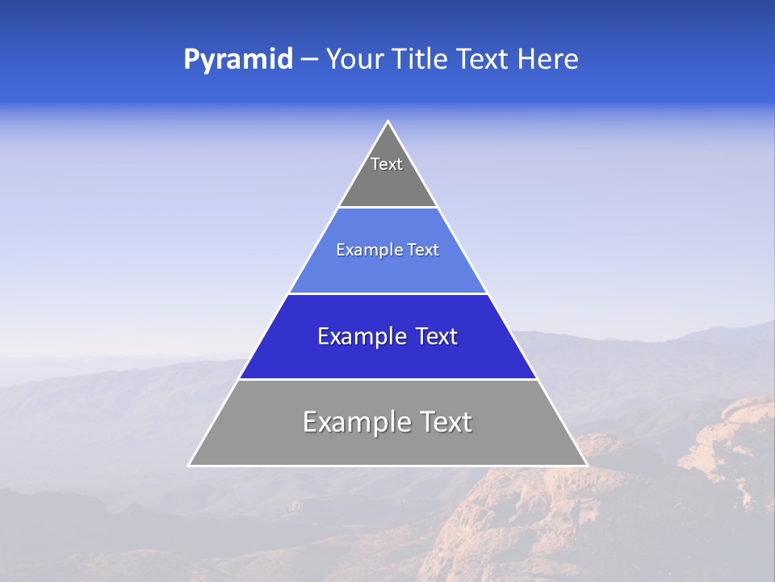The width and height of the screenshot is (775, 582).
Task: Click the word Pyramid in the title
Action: click(237, 60)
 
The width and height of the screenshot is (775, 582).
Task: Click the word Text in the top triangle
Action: click(387, 164)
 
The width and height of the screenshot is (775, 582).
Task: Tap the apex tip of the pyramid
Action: click(387, 122)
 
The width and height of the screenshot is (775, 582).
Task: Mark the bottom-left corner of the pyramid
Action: click(190, 465)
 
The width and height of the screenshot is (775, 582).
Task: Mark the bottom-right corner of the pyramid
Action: click(586, 465)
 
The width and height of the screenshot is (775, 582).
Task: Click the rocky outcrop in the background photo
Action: click(727, 436)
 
